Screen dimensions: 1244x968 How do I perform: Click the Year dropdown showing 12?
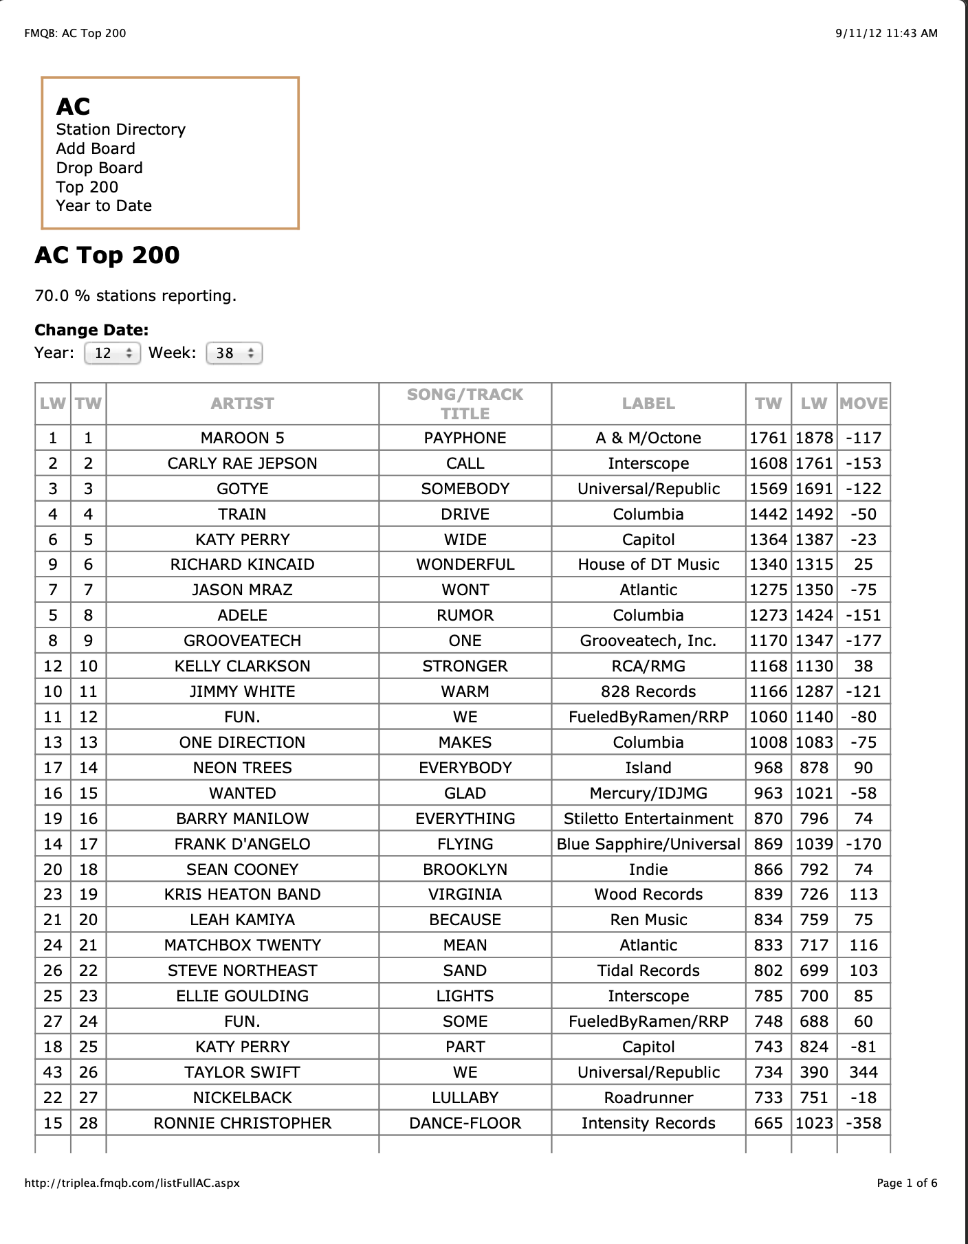(112, 353)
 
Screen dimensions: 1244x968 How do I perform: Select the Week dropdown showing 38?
(234, 353)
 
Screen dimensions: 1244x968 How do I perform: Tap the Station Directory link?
(121, 129)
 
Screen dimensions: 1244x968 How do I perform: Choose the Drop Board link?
(100, 168)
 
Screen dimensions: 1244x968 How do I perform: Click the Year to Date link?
(104, 206)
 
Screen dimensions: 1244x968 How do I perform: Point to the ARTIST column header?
(242, 403)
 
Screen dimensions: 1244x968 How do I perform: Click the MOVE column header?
(863, 403)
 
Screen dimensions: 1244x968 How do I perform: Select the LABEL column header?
(648, 403)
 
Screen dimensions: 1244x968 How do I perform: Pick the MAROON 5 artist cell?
(242, 438)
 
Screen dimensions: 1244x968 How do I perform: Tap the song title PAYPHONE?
(465, 438)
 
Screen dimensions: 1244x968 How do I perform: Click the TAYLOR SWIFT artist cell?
(242, 1072)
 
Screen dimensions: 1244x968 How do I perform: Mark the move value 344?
(863, 1072)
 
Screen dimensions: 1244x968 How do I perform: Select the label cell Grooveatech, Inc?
(648, 641)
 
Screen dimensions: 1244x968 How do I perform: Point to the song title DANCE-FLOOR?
(465, 1123)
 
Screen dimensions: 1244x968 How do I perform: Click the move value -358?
(863, 1123)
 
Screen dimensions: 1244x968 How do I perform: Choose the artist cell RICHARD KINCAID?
(242, 564)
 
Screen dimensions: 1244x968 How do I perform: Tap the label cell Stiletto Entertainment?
(648, 819)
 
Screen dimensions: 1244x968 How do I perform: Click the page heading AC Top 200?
(107, 255)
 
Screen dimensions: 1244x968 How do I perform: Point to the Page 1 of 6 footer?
(907, 1183)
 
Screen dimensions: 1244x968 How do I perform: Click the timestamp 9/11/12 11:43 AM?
(886, 33)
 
